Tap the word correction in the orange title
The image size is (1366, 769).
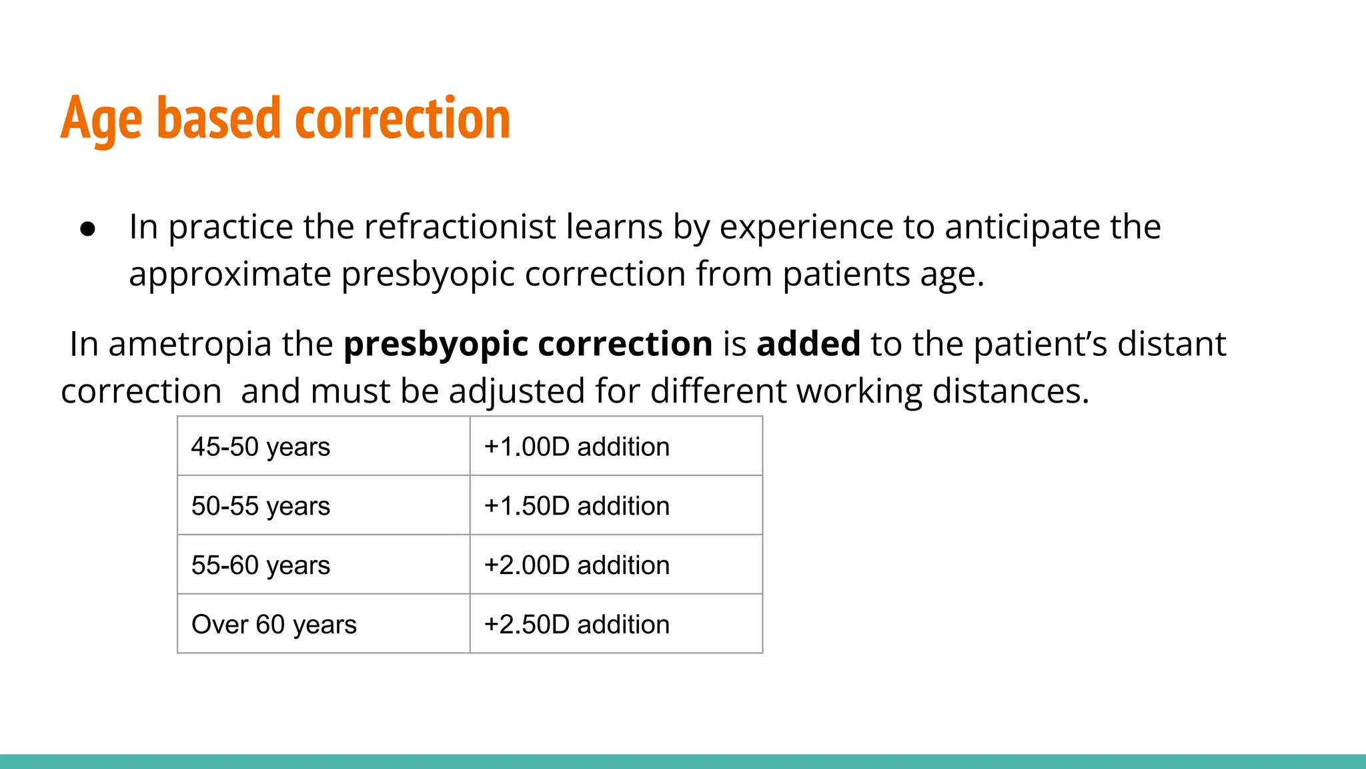(x=402, y=119)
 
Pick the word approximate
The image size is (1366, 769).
(x=229, y=275)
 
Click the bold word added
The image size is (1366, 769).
(x=808, y=344)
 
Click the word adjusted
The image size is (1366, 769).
(x=517, y=392)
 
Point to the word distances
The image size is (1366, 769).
(x=1010, y=391)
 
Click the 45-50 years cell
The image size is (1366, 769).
(x=323, y=447)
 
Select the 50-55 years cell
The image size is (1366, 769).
(x=323, y=506)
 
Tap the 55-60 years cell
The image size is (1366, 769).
(x=323, y=565)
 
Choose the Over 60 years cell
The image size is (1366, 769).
(x=323, y=624)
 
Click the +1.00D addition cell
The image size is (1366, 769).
(x=616, y=447)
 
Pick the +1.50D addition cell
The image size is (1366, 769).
(x=616, y=506)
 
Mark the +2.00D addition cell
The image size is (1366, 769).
(x=616, y=565)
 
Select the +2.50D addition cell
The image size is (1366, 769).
(x=616, y=624)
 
